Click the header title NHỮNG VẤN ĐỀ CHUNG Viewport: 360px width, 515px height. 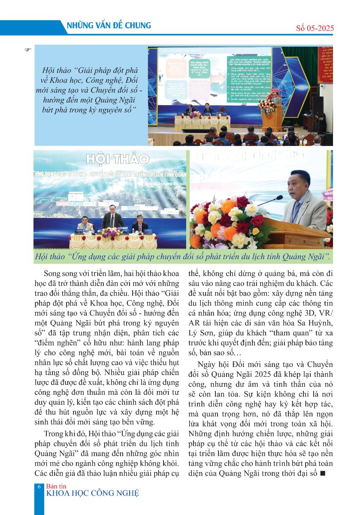point(109,26)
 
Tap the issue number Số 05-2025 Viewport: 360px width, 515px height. point(315,29)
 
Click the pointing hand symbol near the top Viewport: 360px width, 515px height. point(28,50)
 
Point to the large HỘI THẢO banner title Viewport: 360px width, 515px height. point(117,159)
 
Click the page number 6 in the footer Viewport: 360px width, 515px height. point(39,487)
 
